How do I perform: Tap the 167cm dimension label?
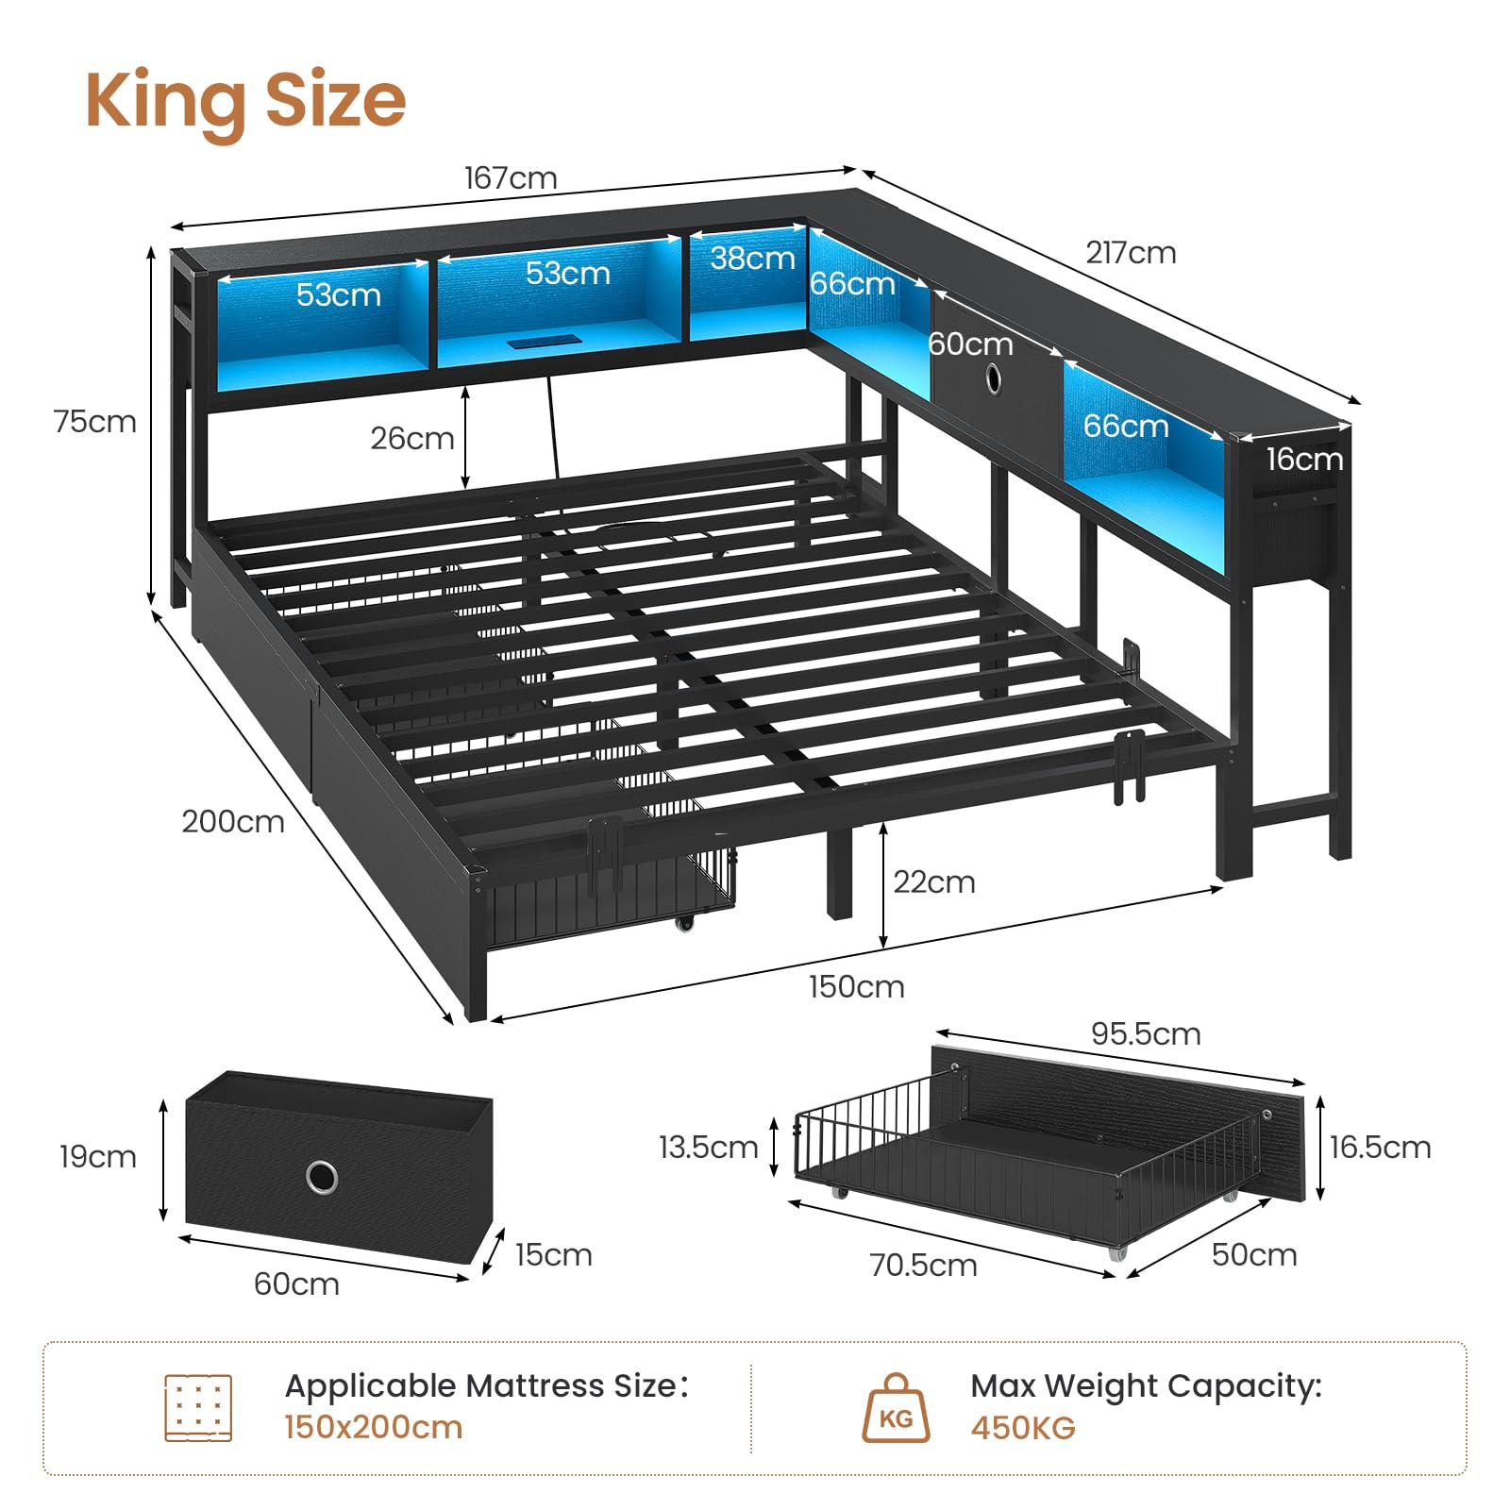pyautogui.click(x=511, y=178)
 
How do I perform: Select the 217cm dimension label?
pyautogui.click(x=1131, y=253)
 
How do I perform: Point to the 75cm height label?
pyautogui.click(x=95, y=422)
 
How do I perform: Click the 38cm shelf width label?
pyautogui.click(x=752, y=258)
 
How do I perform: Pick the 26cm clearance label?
pyautogui.click(x=412, y=439)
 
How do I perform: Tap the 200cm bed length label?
pyautogui.click(x=233, y=822)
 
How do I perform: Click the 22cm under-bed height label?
pyautogui.click(x=934, y=882)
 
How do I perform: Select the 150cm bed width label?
pyautogui.click(x=857, y=987)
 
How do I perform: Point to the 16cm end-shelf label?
pyautogui.click(x=1304, y=460)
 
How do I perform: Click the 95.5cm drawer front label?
pyautogui.click(x=1146, y=1034)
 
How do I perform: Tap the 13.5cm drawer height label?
pyautogui.click(x=708, y=1148)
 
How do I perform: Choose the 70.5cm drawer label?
pyautogui.click(x=923, y=1266)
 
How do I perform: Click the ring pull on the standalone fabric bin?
pyautogui.click(x=322, y=1177)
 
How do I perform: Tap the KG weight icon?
pyautogui.click(x=896, y=1408)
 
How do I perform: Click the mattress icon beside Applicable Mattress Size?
pyautogui.click(x=198, y=1408)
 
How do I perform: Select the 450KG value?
pyautogui.click(x=1023, y=1428)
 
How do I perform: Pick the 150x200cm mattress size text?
pyautogui.click(x=374, y=1428)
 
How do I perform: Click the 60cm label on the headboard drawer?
pyautogui.click(x=971, y=344)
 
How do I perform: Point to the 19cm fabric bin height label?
pyautogui.click(x=97, y=1157)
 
